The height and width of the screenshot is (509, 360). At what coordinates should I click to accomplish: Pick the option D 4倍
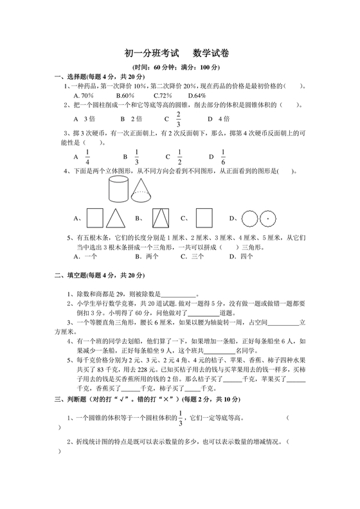tap(219, 120)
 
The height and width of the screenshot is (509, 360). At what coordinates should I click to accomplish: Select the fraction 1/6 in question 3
tap(222, 157)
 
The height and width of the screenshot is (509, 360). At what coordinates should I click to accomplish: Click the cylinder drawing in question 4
tap(116, 189)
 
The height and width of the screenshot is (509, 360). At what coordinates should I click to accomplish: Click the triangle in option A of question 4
tap(116, 217)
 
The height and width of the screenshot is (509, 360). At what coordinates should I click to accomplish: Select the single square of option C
tap(204, 217)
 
